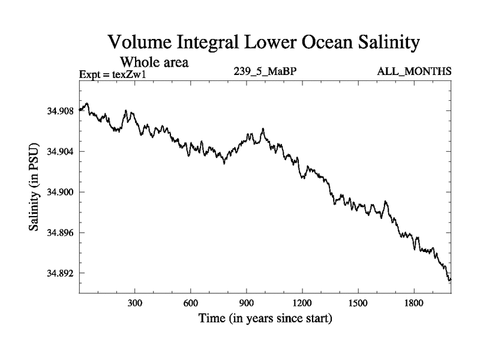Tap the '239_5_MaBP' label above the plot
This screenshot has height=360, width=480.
click(266, 71)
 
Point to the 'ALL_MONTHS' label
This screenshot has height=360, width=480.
click(414, 71)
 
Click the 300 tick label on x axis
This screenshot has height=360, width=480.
click(135, 303)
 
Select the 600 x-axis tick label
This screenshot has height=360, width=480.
click(191, 303)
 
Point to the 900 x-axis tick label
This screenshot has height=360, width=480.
click(247, 303)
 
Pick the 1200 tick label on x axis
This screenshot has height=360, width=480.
click(302, 303)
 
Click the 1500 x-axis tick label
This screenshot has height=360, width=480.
click(358, 303)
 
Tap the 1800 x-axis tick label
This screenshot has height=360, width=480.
click(413, 303)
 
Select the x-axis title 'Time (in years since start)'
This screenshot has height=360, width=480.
click(265, 318)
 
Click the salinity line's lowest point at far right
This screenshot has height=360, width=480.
click(449, 280)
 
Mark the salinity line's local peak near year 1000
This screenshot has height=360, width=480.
click(263, 128)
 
